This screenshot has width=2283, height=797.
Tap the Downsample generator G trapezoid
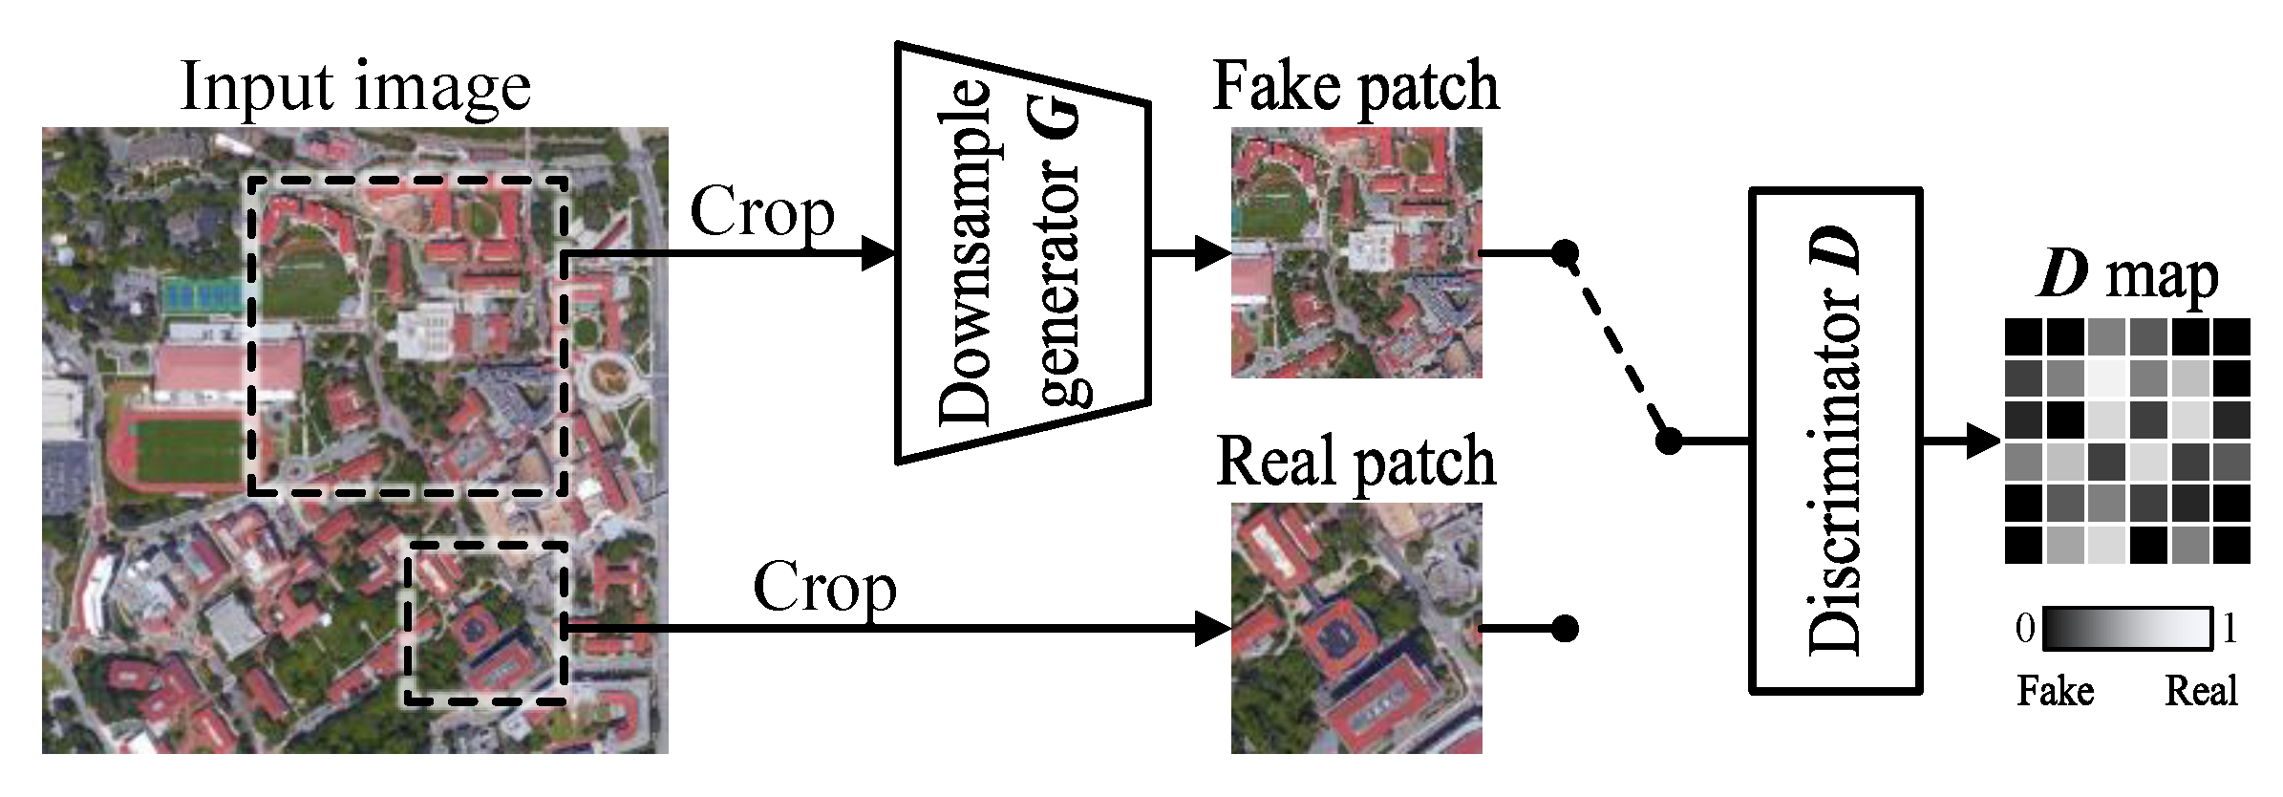pos(1020,253)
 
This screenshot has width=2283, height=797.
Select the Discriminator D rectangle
pos(1834,441)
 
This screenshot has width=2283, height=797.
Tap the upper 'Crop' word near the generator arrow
pos(761,212)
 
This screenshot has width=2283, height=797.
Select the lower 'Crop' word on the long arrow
pos(824,587)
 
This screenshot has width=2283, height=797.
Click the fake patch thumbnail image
pos(1355,252)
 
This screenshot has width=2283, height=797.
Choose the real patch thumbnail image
pos(1355,628)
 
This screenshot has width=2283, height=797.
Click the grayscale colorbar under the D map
pos(2127,629)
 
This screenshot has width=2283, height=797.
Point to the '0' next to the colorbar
pos(2024,629)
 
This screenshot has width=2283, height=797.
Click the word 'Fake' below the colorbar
pos(2055,690)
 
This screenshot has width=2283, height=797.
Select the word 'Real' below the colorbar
pos(2201,690)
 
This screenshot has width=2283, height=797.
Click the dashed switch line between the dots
pos(1616,348)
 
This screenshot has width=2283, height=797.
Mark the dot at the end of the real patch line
pos(1564,628)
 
